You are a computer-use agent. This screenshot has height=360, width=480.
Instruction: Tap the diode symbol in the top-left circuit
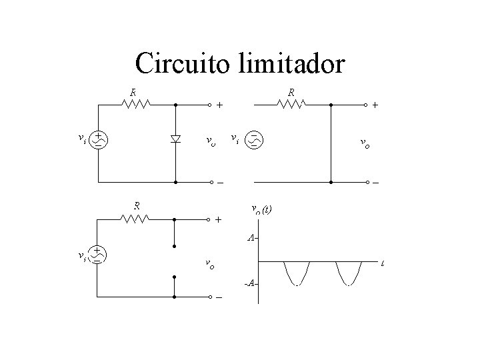(175, 139)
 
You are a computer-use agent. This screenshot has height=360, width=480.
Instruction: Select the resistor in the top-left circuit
(137, 104)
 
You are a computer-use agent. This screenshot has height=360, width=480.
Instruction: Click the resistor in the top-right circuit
(291, 104)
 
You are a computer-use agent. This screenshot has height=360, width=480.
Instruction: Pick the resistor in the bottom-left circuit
(137, 218)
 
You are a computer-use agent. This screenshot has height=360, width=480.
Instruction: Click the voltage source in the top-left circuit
(99, 139)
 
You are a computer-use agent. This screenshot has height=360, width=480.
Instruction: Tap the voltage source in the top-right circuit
(255, 139)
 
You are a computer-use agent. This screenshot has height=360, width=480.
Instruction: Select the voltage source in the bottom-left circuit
(98, 254)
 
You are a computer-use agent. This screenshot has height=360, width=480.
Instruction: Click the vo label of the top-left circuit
(210, 141)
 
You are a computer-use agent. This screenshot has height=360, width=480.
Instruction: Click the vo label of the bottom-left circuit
(209, 265)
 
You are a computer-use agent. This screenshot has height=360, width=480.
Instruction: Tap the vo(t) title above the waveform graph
(261, 209)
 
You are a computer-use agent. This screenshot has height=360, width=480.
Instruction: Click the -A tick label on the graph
(250, 284)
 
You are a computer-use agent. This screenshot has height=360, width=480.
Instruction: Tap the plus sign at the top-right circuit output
(375, 105)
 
